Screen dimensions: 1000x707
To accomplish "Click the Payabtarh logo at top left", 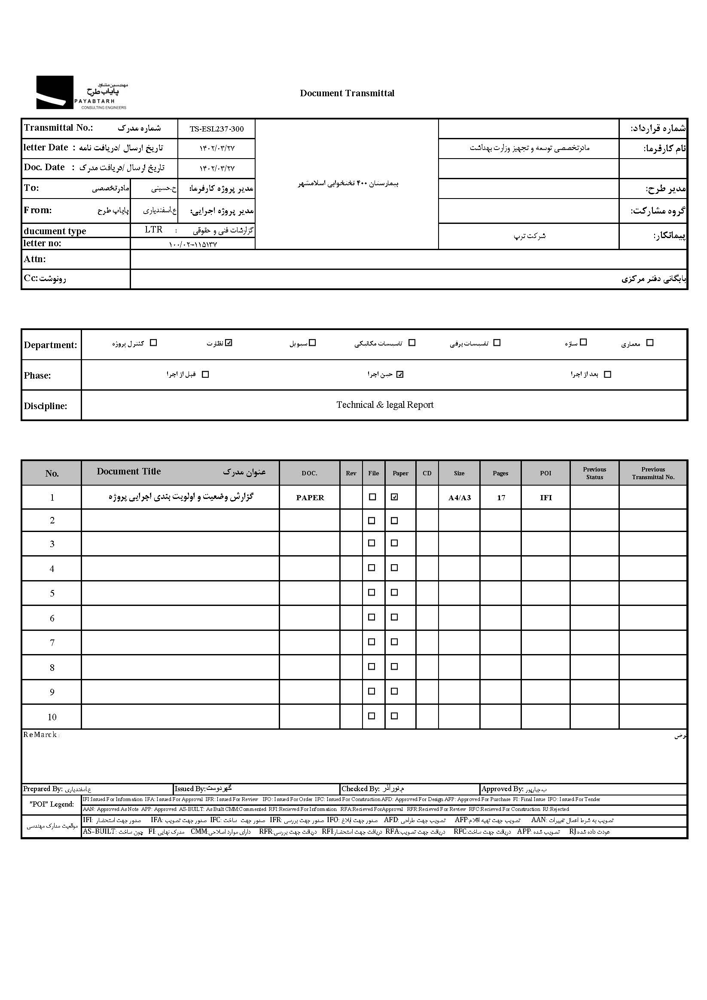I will point(82,92).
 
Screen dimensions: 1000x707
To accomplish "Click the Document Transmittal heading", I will point(347,93).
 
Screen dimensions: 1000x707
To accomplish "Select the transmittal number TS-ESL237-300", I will point(216,129).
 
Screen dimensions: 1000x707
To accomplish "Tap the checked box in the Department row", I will point(229,343).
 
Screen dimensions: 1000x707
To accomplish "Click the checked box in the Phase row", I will point(400,374).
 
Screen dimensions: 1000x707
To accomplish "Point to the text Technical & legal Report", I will point(385,405).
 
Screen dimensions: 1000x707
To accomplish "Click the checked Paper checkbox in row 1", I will point(394,497).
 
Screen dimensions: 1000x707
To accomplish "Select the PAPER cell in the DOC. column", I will point(310,498).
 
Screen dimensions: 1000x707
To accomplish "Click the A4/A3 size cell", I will point(459,498).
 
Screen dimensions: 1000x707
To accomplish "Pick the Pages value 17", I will point(501,498).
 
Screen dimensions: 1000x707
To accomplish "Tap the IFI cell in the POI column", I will point(545,498).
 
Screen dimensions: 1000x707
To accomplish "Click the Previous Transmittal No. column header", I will point(653,473).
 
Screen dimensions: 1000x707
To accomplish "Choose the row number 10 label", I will point(52,717).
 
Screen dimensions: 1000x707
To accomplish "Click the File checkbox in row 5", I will point(372,592).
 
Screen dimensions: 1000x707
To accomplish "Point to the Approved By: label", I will point(502,789).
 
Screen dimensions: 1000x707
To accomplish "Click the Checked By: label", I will point(360,789).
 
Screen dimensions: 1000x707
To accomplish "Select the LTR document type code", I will point(154,230).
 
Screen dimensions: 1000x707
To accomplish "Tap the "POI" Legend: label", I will point(52,804).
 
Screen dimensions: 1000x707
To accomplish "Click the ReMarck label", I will point(40,735).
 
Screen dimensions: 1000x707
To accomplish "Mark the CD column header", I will point(427,473).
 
